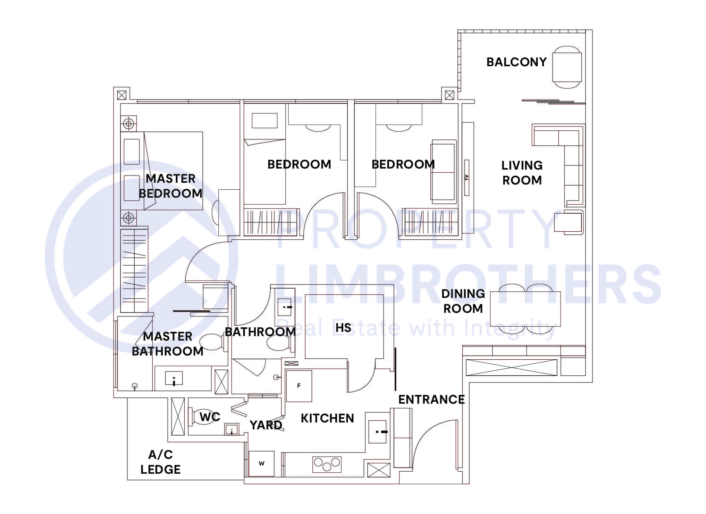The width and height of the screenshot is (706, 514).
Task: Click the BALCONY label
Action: (516, 62)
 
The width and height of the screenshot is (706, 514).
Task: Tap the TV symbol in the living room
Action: (467, 177)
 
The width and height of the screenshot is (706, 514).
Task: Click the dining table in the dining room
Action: (525, 309)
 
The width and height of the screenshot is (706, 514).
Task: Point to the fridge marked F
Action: (299, 386)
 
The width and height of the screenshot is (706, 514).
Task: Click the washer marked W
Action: (261, 463)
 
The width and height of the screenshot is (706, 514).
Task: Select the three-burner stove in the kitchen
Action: (327, 464)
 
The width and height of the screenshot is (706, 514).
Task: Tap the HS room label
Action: (343, 328)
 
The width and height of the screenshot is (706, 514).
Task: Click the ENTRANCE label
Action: (431, 400)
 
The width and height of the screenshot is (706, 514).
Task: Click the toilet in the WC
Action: (205, 416)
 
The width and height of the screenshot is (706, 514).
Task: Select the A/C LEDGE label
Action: (160, 462)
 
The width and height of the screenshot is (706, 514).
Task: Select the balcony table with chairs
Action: (567, 67)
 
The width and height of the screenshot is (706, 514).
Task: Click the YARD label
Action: (266, 425)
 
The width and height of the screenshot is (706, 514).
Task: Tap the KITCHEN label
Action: (327, 418)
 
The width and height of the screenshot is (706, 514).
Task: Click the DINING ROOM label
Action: (463, 301)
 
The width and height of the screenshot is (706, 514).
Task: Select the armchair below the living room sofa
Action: (568, 222)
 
